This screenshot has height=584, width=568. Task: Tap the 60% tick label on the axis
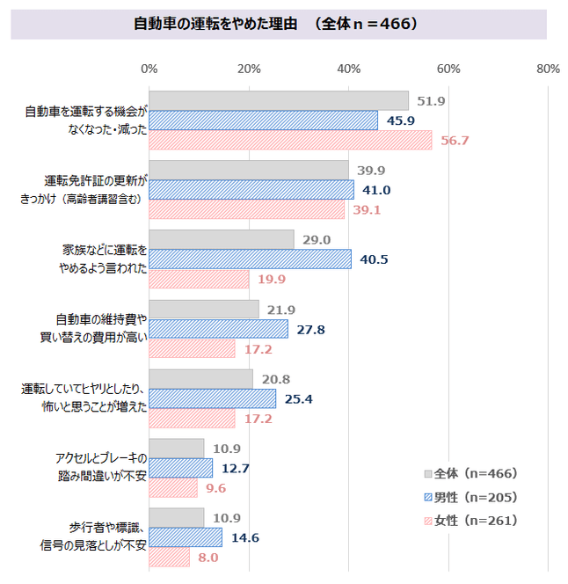pos(449,69)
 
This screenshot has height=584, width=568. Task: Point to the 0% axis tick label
pos(149,69)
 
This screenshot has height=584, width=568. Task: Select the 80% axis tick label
pos(548,69)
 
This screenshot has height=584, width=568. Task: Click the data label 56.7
pos(455,141)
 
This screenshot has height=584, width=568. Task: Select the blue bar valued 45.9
pos(264,120)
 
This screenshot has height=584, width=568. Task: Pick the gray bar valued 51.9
pos(279,101)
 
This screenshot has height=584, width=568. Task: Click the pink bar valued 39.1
pos(246,210)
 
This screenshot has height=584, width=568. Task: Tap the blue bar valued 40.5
pos(251,259)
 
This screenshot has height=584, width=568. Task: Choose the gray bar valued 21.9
pos(204,310)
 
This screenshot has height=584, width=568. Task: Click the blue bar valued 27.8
pos(219,329)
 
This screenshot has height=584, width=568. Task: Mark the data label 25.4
pos(300,399)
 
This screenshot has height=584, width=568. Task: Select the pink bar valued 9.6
pos(173,488)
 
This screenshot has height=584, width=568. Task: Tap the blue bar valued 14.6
pos(186,537)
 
